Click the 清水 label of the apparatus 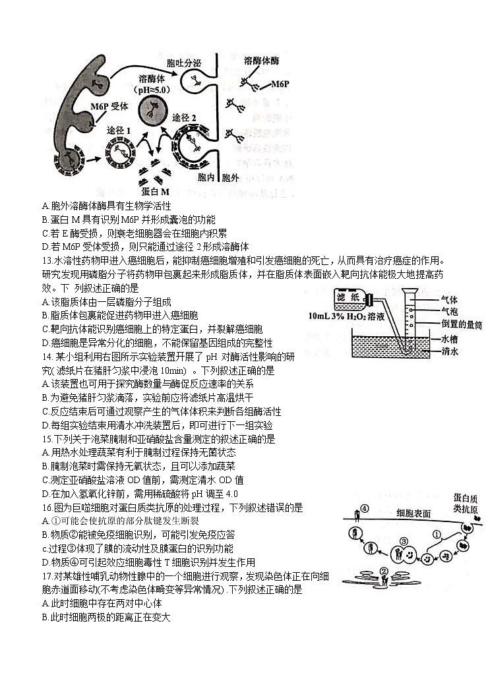coord(450,351)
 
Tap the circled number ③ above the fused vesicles coord(404,542)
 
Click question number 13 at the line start coord(46,260)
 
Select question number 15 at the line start coord(46,439)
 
